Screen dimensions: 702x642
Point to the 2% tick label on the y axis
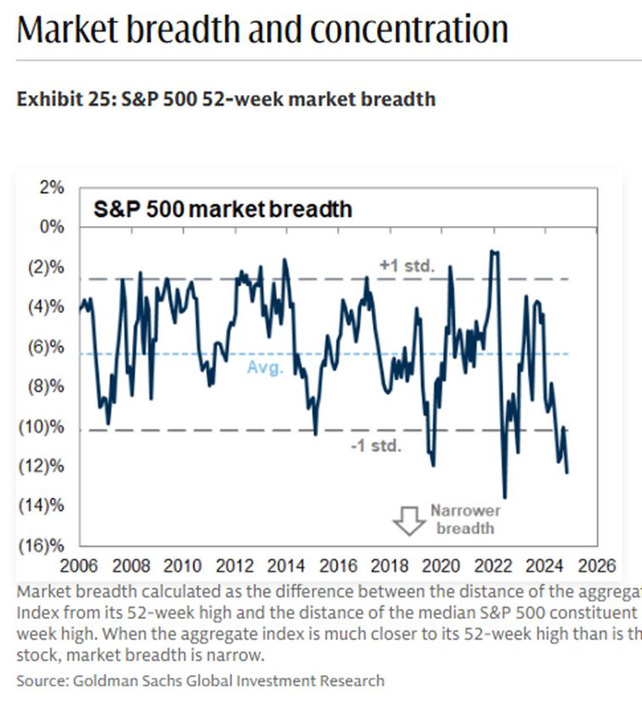pos(50,188)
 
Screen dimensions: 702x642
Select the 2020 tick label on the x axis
pos(440,565)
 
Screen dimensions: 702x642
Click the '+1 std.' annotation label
pos(407,266)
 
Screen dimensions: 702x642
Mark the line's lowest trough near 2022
pos(505,498)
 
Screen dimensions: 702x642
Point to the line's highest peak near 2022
pos(494,251)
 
